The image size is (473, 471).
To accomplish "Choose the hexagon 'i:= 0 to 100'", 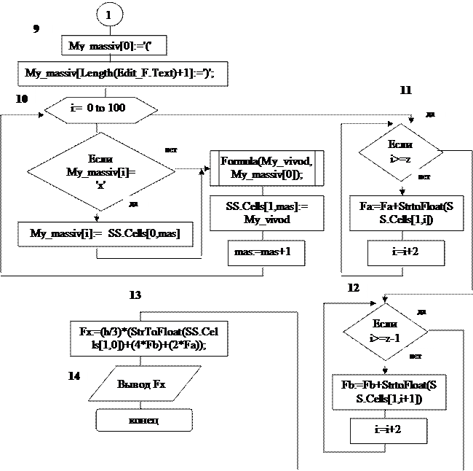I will pos(100,108).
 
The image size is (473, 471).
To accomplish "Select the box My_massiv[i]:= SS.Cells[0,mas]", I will pos(106,233).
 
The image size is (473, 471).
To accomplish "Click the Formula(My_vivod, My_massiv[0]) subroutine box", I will pos(267,168).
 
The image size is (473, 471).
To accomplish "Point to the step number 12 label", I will pos(354,288).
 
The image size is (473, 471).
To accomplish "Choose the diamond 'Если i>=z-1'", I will pos(384,331).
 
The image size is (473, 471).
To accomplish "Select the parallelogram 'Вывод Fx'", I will pos(143,384).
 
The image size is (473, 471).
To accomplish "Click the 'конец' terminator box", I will pos(144,421).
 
